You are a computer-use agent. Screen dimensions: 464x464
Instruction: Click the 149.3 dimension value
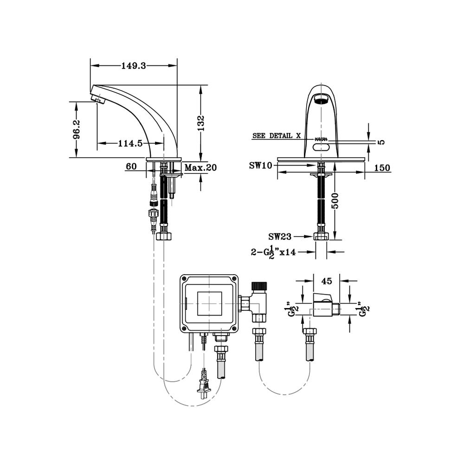[x=134, y=66]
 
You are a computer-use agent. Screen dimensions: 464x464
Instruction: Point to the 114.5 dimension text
[x=129, y=143]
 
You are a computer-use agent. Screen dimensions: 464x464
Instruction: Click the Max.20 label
[x=200, y=167]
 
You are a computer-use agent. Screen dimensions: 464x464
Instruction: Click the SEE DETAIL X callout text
[x=277, y=136]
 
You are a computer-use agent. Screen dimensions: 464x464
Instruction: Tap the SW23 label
[x=280, y=237]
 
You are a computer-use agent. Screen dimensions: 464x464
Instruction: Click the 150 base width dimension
[x=381, y=168]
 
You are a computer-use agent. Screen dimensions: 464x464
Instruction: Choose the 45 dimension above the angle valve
[x=326, y=281]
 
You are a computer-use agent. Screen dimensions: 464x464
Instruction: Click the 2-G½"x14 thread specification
[x=274, y=252]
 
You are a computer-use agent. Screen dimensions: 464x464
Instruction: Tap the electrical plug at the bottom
[x=203, y=385]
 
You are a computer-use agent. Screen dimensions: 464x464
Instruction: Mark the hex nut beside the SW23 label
[x=321, y=236]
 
